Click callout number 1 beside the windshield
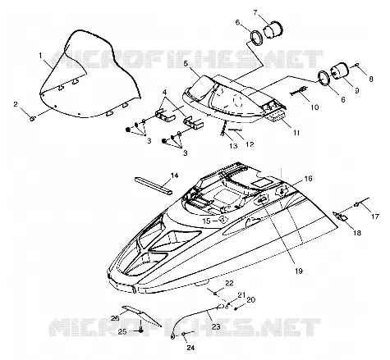[x=40, y=56]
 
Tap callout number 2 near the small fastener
[x=16, y=104]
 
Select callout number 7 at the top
[x=255, y=12]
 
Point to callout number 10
[x=314, y=107]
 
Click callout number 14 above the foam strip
[x=174, y=175]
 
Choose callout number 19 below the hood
[x=299, y=271]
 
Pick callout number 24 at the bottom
[x=190, y=348]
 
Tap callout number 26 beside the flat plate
[x=115, y=318]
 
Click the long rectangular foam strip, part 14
[x=154, y=186]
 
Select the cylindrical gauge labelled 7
[x=273, y=30]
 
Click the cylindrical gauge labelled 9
[x=340, y=71]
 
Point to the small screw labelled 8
[x=357, y=65]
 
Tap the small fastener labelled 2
[x=32, y=118]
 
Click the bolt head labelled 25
[x=140, y=330]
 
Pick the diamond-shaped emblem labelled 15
[x=223, y=220]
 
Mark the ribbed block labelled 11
[x=277, y=117]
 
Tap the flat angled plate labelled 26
[x=142, y=315]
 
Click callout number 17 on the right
[x=375, y=216]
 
